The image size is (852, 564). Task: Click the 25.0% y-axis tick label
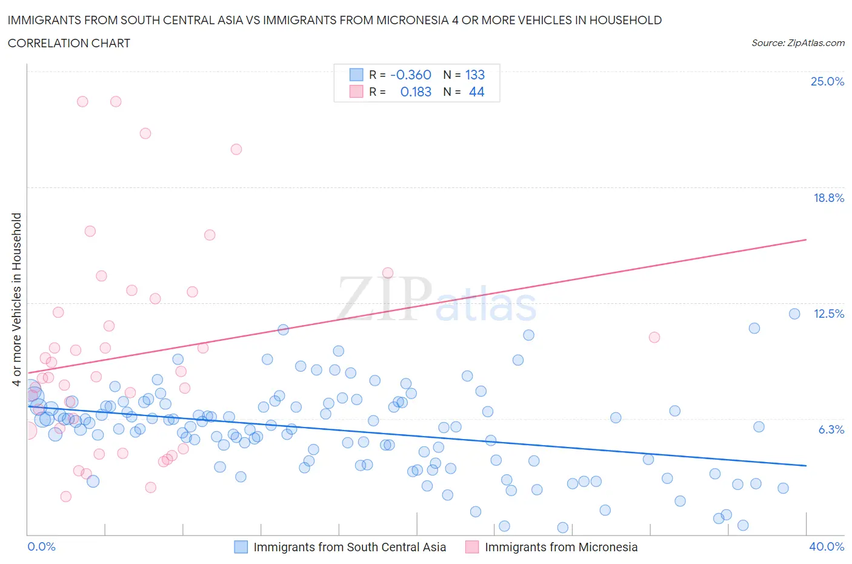(x=827, y=82)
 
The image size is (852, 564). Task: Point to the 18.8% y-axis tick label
(x=828, y=198)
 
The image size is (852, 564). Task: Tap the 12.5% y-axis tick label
(x=828, y=314)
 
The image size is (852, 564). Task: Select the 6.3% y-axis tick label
(x=831, y=429)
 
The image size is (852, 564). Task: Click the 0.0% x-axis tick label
(x=42, y=546)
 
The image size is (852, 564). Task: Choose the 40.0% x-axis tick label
(x=827, y=546)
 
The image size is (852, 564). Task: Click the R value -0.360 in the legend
(x=410, y=75)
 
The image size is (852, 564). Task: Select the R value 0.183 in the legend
(x=416, y=92)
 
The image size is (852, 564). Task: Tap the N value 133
(x=474, y=75)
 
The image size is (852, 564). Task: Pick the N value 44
(x=476, y=92)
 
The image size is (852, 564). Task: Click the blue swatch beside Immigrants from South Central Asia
(x=241, y=547)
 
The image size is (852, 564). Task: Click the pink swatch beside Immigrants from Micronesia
(x=472, y=547)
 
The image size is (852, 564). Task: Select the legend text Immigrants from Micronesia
(x=561, y=547)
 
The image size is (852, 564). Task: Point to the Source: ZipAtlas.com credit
(x=797, y=43)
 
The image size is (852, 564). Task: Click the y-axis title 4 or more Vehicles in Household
(x=17, y=299)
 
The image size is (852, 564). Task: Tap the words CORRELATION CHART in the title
(x=69, y=43)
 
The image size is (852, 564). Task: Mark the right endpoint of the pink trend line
(x=806, y=240)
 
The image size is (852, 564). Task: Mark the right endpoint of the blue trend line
(x=806, y=465)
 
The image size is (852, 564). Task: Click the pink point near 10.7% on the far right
(x=654, y=337)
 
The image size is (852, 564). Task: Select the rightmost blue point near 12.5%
(x=794, y=314)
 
